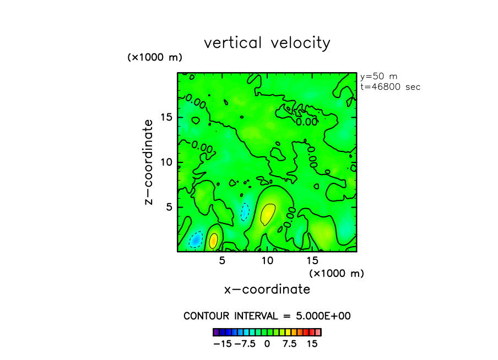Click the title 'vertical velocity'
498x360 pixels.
[267, 43]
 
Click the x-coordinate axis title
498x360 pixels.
[267, 289]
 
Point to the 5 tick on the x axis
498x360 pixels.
[222, 260]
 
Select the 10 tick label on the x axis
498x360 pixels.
[267, 260]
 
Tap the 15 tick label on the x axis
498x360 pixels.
[312, 260]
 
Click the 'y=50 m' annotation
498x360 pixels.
[378, 77]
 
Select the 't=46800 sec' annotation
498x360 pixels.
[389, 86]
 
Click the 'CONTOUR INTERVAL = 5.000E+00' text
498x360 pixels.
[267, 316]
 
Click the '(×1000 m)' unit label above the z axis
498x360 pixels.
[154, 57]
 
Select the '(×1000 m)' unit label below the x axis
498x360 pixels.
[337, 273]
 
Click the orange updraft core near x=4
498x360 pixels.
[213, 240]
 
